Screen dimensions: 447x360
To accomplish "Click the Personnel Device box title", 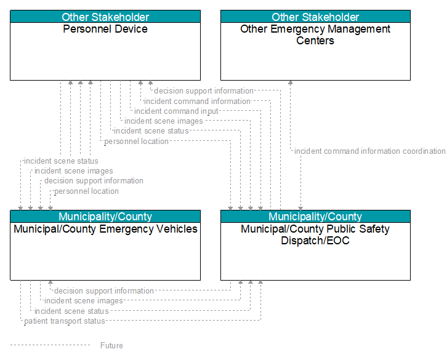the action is pyautogui.click(x=105, y=29).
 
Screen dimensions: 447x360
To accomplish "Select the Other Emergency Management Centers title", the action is pyautogui.click(x=315, y=35).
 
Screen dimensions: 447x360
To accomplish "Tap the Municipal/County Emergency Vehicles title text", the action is pyautogui.click(x=105, y=229).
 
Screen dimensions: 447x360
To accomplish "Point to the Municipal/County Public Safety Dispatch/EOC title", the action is pyautogui.click(x=315, y=234).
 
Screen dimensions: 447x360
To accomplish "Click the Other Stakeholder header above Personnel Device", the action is pyautogui.click(x=105, y=17).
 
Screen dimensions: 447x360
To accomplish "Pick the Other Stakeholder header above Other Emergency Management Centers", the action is pyautogui.click(x=315, y=17).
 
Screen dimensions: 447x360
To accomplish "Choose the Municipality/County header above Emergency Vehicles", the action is pyautogui.click(x=105, y=217).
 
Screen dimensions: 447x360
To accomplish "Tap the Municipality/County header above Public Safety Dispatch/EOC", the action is pyautogui.click(x=315, y=217).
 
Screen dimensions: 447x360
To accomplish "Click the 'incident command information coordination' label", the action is pyautogui.click(x=370, y=151).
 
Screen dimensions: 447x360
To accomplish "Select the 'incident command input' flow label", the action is pyautogui.click(x=176, y=111).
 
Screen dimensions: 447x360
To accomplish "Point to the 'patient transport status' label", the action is pyautogui.click(x=65, y=321).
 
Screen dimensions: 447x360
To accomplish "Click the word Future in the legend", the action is pyautogui.click(x=111, y=345).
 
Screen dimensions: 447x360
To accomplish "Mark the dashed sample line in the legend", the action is pyautogui.click(x=50, y=345).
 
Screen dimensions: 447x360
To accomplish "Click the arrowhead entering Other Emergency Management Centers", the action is pyautogui.click(x=290, y=82).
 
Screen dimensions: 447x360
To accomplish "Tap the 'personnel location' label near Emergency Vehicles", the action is pyautogui.click(x=86, y=191).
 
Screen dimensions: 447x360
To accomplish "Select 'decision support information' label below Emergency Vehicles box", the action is pyautogui.click(x=104, y=290).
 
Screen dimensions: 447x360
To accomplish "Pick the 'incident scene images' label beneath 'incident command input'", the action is pyautogui.click(x=164, y=121).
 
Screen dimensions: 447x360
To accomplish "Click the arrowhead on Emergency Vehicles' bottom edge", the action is pyautogui.click(x=50, y=282).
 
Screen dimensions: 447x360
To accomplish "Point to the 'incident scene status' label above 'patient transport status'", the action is pyautogui.click(x=71, y=311).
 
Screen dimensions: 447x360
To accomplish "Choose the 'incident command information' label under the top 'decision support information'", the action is pyautogui.click(x=197, y=101).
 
